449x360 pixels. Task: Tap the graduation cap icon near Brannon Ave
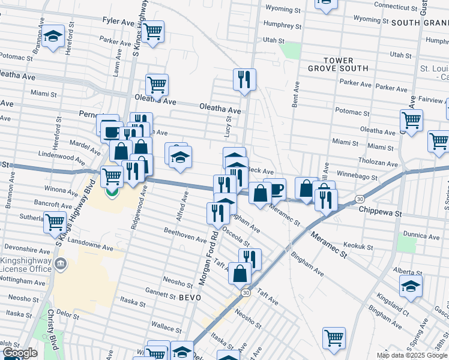[53, 37]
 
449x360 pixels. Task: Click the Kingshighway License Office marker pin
[61, 264]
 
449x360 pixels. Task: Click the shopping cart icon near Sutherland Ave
[55, 221]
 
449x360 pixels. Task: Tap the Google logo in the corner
[20, 353]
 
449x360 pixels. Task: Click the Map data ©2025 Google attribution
[412, 355]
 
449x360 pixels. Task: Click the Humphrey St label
[282, 26]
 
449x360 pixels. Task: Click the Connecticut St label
[396, 5]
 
